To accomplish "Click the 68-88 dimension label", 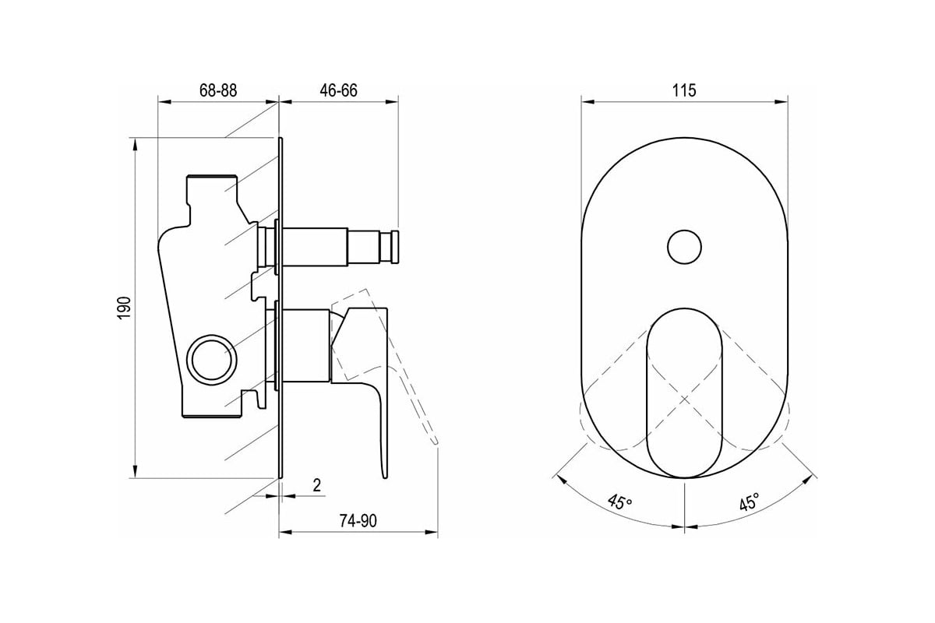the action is pyautogui.click(x=218, y=90).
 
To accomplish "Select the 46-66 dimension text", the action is pyautogui.click(x=338, y=90).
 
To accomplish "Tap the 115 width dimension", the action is pyautogui.click(x=684, y=90).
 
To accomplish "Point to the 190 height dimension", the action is pyautogui.click(x=125, y=308).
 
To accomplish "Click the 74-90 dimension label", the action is pyautogui.click(x=358, y=521).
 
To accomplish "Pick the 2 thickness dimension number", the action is pyautogui.click(x=317, y=486).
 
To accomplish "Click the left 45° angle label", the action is pyautogui.click(x=619, y=502).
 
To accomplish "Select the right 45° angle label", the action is pyautogui.click(x=750, y=502).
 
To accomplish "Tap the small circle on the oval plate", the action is pyautogui.click(x=684, y=247).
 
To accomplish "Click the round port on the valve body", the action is pyautogui.click(x=212, y=360).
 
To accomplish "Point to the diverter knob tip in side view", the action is pyautogui.click(x=395, y=247).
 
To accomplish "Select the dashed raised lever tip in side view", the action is pyautogui.click(x=436, y=441).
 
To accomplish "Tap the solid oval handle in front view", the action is pyautogui.click(x=684, y=393).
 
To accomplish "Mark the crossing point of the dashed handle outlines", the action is pyautogui.click(x=684, y=399).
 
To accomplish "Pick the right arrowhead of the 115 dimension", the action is pyautogui.click(x=781, y=101).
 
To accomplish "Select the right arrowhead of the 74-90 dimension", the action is pyautogui.click(x=431, y=532).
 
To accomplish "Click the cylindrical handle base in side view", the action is pyautogui.click(x=305, y=346).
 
